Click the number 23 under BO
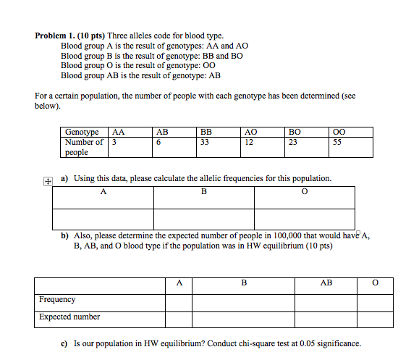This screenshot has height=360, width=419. point(293,143)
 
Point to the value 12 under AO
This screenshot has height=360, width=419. point(250,143)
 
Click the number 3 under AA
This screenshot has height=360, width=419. point(114,143)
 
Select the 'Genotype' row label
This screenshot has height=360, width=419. point(82,133)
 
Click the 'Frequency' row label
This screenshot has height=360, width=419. point(57,299)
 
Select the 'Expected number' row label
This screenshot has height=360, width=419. point(69,317)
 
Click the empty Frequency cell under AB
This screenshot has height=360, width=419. point(325,300)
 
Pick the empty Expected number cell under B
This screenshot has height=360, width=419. point(243,317)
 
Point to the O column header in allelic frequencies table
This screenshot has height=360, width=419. point(304,192)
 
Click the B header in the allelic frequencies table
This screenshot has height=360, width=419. point(203,192)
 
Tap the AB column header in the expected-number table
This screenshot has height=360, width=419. point(326,282)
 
